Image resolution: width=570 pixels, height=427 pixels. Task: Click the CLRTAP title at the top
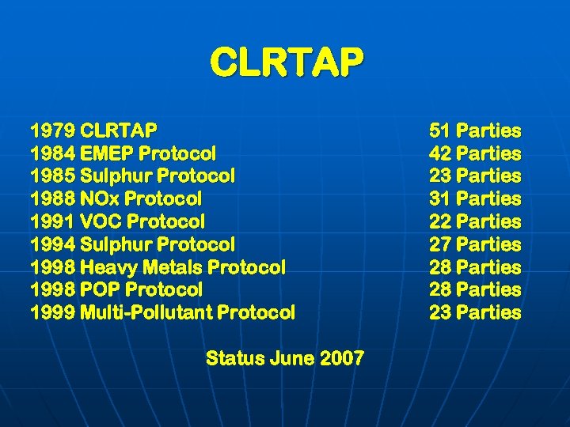click(x=287, y=62)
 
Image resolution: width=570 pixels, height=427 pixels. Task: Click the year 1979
click(x=52, y=130)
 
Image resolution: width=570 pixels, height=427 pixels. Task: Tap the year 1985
click(x=52, y=176)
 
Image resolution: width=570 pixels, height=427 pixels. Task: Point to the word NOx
click(x=101, y=198)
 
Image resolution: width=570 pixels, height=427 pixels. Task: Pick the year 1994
click(x=52, y=244)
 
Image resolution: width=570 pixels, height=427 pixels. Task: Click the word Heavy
click(x=108, y=267)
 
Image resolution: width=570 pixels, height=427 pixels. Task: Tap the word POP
click(x=100, y=289)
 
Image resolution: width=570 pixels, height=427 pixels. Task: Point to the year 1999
click(x=52, y=312)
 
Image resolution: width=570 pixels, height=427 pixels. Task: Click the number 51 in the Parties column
click(x=440, y=130)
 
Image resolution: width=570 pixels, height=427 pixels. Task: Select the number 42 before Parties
click(x=440, y=153)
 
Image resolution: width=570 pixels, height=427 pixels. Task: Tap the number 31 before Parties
click(x=440, y=198)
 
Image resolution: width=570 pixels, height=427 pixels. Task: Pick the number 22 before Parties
click(x=440, y=221)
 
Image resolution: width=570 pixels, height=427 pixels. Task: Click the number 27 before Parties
click(x=440, y=244)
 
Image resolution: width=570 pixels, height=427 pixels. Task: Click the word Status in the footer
click(x=235, y=358)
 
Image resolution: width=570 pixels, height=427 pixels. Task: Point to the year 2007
click(x=342, y=358)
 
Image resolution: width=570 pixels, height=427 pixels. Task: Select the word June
click(x=292, y=358)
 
